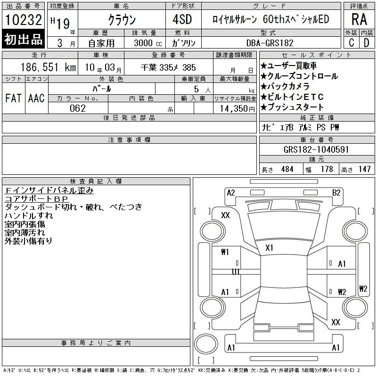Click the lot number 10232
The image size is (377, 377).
point(23,20)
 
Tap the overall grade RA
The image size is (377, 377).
point(359,19)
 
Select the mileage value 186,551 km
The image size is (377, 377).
point(48,67)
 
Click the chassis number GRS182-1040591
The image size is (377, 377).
point(316,149)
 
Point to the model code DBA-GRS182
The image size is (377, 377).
point(270,43)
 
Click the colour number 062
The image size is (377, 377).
point(78,108)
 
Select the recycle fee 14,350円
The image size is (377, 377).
point(238,109)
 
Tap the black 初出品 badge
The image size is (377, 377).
point(23,39)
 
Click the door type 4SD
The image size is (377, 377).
point(182,19)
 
